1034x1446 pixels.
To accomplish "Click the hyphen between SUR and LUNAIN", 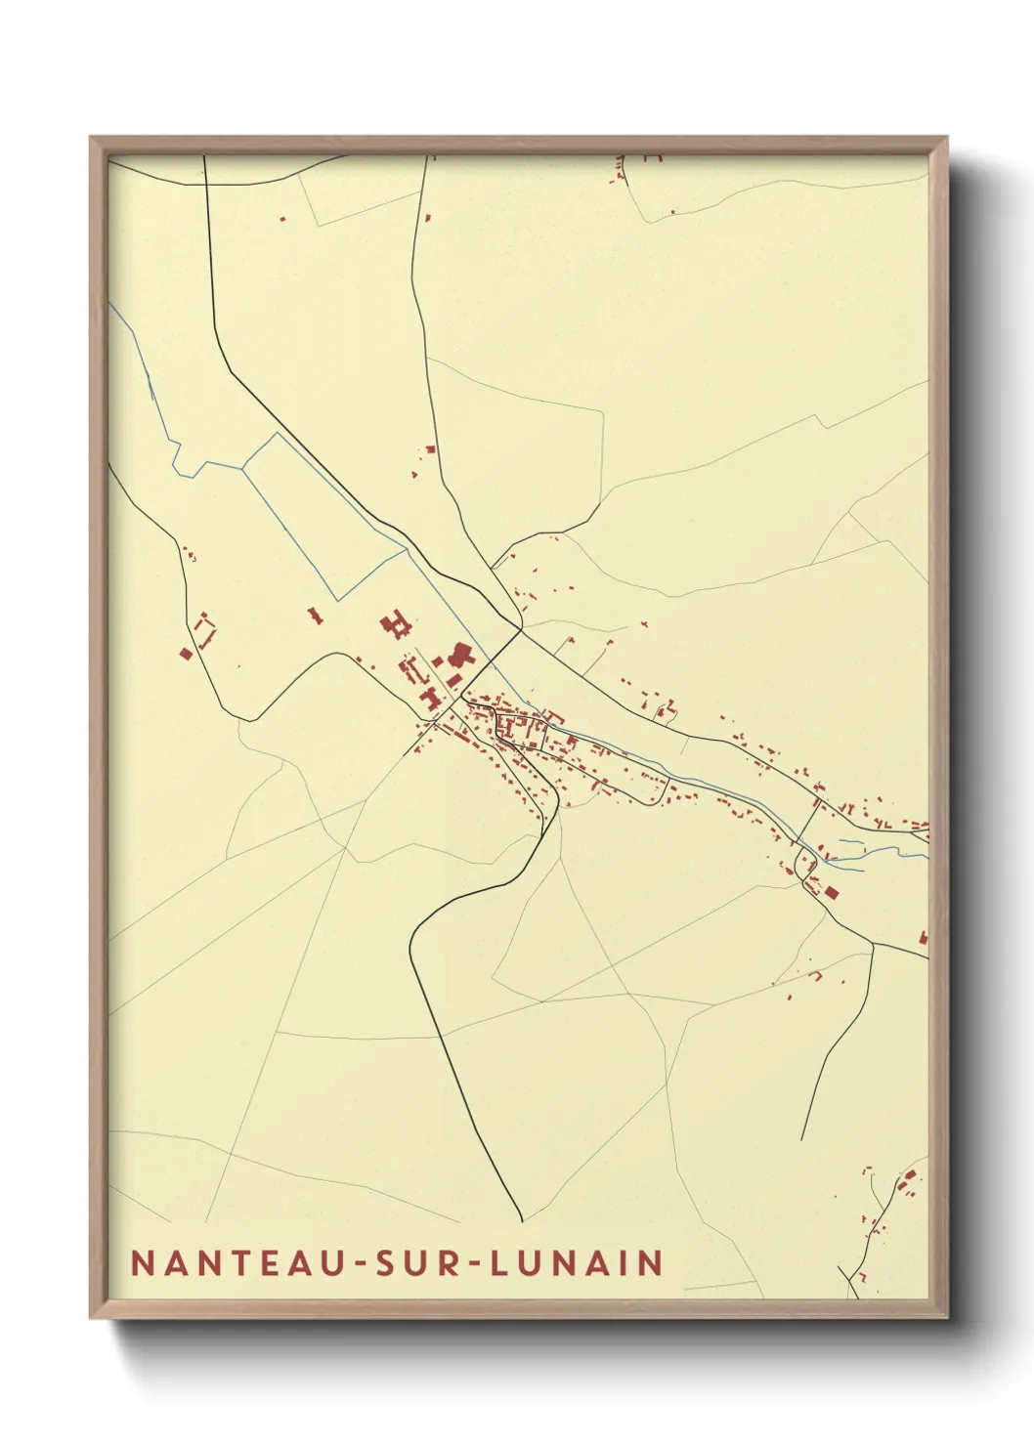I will (x=474, y=1263).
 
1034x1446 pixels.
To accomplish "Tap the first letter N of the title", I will (x=143, y=1262).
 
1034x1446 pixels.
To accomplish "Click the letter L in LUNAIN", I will (x=499, y=1262).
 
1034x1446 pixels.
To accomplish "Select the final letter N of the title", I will (x=652, y=1262).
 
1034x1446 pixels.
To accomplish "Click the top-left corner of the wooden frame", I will (x=91, y=138).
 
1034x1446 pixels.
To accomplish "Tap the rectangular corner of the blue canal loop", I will (x=336, y=599).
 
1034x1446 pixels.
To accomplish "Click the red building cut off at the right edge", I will (x=923, y=938).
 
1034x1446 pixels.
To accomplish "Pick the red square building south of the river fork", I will (x=832, y=891).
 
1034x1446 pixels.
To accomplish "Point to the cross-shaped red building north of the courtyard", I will (x=397, y=624).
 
